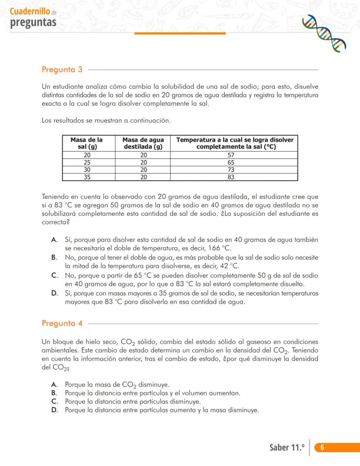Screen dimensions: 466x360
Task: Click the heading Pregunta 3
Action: [62, 70]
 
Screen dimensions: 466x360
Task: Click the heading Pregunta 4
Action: [62, 323]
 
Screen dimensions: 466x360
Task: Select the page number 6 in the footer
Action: [322, 447]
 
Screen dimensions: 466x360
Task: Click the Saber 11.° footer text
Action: [287, 448]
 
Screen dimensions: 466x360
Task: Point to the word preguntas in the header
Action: [33, 22]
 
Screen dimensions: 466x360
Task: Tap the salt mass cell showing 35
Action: [87, 177]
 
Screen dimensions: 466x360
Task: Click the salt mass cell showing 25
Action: [87, 162]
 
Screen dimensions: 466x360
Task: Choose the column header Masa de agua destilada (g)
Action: [143, 143]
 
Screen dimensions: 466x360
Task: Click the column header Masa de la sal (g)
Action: [87, 143]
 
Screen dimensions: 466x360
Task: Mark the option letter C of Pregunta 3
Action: [55, 275]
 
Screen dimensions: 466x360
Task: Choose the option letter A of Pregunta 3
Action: [55, 240]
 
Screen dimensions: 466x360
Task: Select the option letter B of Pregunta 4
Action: [54, 393]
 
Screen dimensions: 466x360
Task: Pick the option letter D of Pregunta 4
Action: [55, 410]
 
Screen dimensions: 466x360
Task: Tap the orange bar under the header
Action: [180, 33]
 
